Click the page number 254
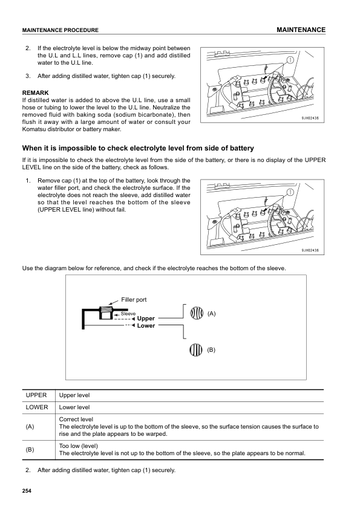(x=27, y=490)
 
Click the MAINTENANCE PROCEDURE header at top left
(x=60, y=30)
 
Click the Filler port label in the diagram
(x=134, y=300)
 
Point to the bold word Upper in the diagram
(x=146, y=319)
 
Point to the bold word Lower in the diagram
(x=146, y=326)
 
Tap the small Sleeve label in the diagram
(x=128, y=314)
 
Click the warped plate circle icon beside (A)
(x=197, y=314)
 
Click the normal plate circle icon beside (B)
(x=197, y=349)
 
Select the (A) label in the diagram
(x=211, y=314)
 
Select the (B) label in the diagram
(x=211, y=349)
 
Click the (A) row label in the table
(x=30, y=427)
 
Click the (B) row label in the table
(x=30, y=450)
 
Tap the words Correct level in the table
(x=76, y=419)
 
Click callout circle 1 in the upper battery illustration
(x=290, y=60)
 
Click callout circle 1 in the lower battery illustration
(x=290, y=192)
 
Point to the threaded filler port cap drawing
(x=106, y=313)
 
